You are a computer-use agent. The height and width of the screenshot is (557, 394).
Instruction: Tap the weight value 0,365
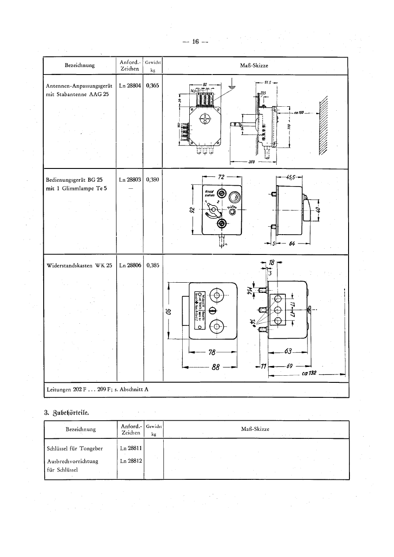pos(153,86)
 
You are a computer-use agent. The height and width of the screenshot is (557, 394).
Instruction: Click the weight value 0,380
pos(153,180)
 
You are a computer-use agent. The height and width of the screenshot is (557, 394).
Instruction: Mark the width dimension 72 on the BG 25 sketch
pos(221,177)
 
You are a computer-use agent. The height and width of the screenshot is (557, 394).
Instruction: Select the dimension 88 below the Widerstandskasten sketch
pos(216,367)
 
